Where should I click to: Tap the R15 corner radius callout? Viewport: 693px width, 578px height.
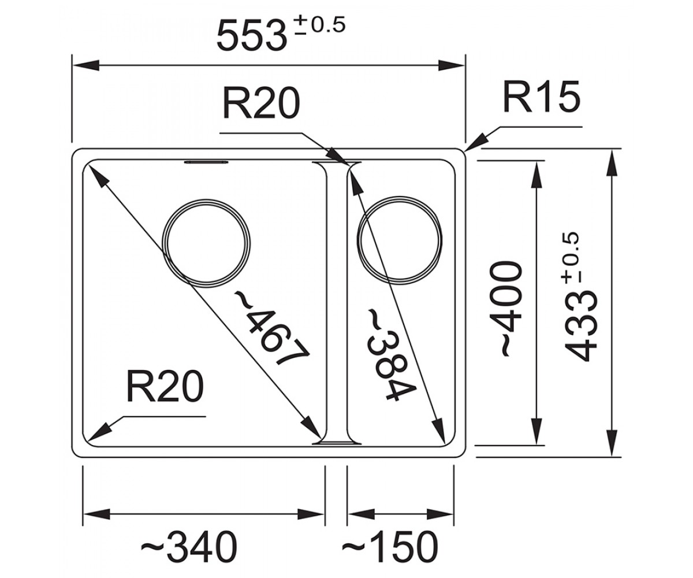[x=541, y=97]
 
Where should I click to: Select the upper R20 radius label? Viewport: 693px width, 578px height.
[x=261, y=103]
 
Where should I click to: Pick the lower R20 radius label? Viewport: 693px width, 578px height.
[x=165, y=387]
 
